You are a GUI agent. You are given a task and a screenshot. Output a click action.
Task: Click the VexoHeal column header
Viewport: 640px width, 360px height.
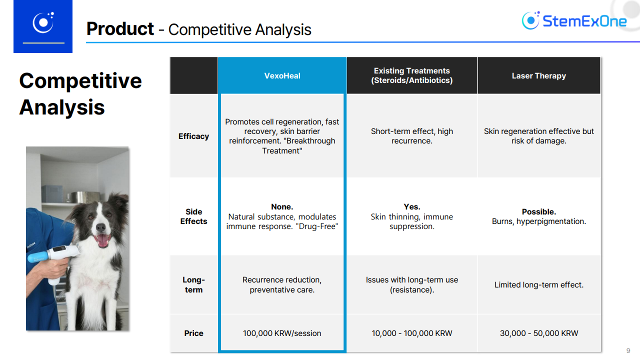pos(282,75)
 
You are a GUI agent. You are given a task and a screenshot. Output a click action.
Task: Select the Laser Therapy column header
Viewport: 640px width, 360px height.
pos(539,75)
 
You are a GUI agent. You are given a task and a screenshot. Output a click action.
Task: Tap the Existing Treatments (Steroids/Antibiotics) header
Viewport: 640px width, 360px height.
pos(411,75)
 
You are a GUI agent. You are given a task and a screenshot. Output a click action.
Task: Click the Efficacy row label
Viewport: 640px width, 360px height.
pos(193,136)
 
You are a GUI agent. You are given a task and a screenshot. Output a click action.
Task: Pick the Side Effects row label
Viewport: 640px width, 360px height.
pos(193,216)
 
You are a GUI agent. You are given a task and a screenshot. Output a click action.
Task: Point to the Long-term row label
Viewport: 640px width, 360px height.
pos(193,284)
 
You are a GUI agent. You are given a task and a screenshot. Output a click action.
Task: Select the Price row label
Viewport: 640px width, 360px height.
pos(193,333)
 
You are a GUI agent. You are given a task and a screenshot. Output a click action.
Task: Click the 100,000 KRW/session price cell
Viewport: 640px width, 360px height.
pos(282,333)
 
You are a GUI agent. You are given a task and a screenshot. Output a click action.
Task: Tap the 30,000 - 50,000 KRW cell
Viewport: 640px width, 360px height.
pos(539,333)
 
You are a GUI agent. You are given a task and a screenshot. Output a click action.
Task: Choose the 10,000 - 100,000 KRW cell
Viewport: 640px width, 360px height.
pos(411,333)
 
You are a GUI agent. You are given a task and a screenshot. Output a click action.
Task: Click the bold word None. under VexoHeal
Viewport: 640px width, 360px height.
pos(282,206)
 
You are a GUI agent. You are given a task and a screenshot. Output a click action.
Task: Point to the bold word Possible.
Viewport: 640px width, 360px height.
pos(539,211)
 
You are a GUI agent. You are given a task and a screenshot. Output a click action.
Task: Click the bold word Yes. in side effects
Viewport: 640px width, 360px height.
pos(411,206)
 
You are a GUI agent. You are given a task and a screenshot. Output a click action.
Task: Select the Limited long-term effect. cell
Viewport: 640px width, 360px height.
pos(539,285)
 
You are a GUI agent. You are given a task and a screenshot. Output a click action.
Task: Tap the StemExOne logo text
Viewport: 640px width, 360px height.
pos(584,21)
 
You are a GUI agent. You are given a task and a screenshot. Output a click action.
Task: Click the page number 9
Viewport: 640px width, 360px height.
pos(628,350)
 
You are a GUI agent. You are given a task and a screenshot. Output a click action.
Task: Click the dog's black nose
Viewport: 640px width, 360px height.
pos(100,227)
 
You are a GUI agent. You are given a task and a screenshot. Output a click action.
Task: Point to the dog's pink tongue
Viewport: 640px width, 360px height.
pos(102,240)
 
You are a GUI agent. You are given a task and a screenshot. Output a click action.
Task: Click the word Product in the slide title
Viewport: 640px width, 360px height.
pos(120,29)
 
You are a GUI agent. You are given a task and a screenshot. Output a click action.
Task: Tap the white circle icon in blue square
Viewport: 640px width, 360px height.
pos(43,22)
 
